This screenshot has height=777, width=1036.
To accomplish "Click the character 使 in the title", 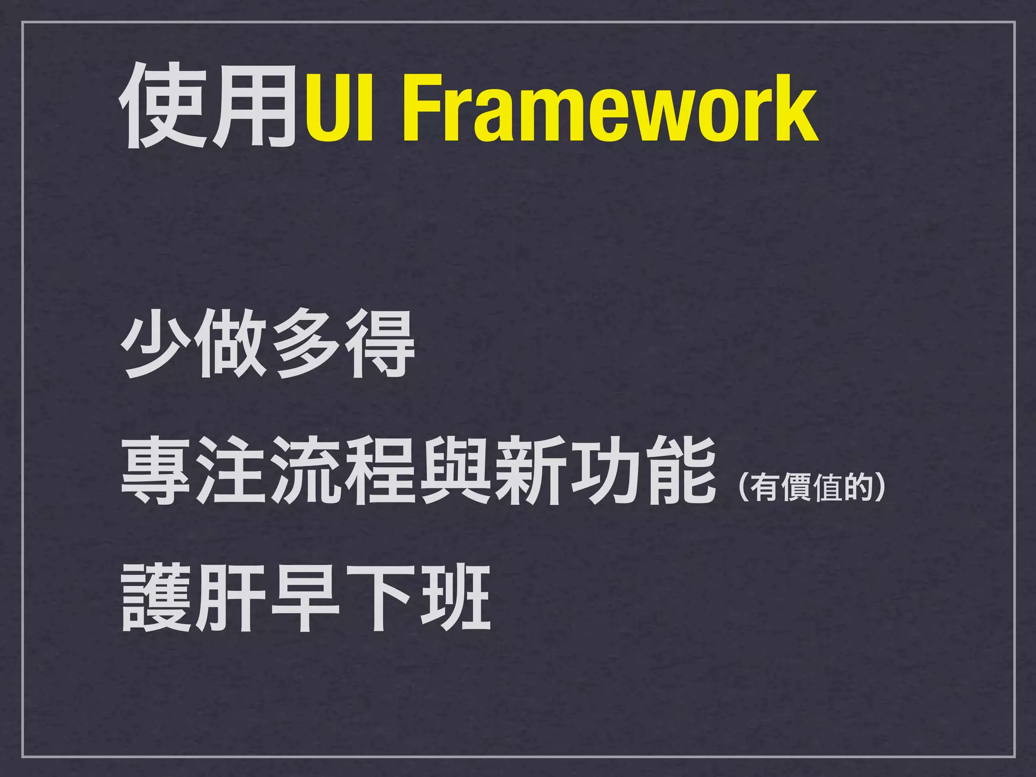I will pyautogui.click(x=163, y=106).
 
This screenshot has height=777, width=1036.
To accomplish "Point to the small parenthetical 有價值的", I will pyautogui.click(x=812, y=488).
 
